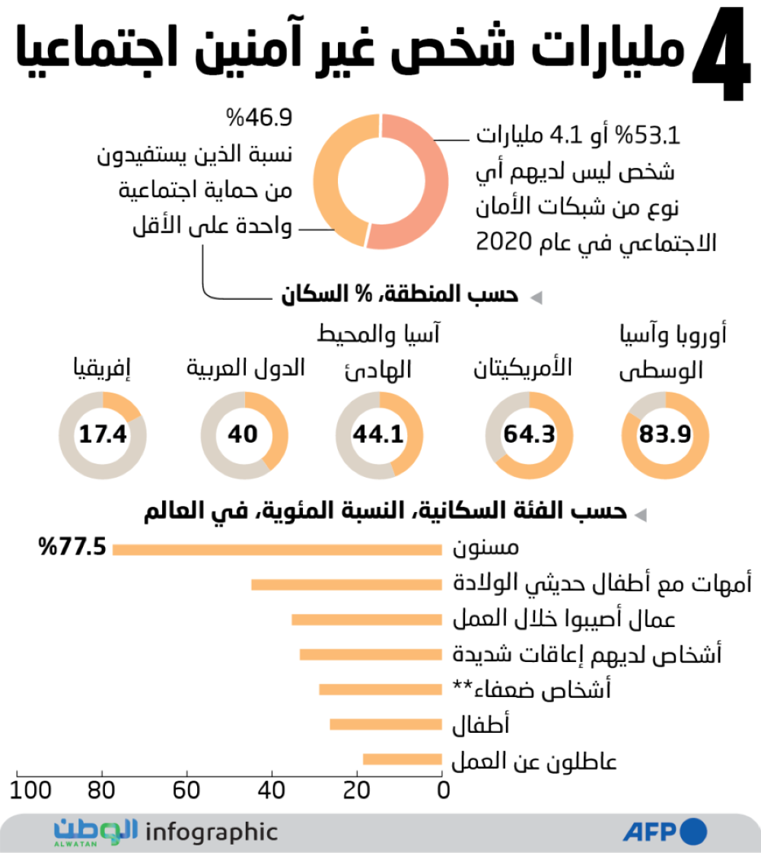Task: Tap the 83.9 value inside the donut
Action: [664, 435]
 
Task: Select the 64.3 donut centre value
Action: [529, 435]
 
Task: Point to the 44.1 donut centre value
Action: [378, 435]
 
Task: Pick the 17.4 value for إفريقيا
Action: [102, 435]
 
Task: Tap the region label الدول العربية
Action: [245, 369]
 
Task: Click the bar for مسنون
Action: [277, 549]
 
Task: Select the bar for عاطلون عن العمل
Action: [403, 759]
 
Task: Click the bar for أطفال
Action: [386, 724]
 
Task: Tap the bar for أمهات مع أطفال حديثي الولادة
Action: [346, 584]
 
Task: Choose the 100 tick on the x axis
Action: [31, 791]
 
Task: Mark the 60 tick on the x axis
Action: [186, 791]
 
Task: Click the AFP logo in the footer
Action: [664, 832]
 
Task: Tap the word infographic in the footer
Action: [211, 832]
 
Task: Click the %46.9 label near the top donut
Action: [258, 119]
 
